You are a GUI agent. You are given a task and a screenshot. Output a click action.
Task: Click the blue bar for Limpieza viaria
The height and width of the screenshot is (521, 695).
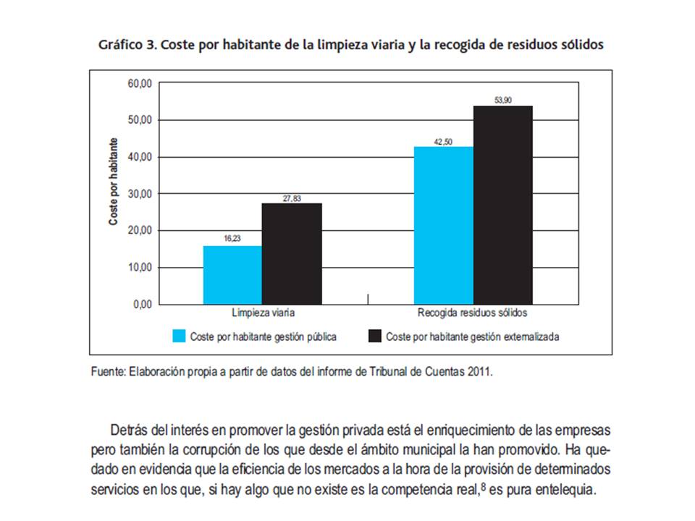point(232,275)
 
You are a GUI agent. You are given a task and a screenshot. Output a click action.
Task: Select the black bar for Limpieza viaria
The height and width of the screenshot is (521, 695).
point(292,253)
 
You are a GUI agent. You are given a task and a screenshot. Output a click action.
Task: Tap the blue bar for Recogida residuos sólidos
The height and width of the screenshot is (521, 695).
point(443,225)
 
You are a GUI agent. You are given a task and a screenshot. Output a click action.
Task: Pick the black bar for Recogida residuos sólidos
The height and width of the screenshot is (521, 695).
point(503,205)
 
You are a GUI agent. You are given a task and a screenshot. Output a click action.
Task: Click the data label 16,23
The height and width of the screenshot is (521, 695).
point(232,237)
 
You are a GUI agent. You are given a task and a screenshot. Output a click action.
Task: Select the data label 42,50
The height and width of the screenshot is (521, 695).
point(443,140)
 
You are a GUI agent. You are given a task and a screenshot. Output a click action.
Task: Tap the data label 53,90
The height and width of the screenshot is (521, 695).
point(503,101)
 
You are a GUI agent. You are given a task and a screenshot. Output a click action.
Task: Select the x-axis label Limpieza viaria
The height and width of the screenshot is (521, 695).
point(263,315)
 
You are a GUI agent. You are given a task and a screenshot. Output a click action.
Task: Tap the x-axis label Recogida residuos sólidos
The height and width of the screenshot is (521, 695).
point(472,315)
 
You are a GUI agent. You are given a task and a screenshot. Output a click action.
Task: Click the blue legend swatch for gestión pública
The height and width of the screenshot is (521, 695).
point(179,336)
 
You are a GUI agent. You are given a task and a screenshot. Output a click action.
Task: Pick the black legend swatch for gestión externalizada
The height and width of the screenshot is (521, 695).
point(375,336)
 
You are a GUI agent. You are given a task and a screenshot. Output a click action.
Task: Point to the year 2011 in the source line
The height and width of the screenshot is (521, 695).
point(480,372)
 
